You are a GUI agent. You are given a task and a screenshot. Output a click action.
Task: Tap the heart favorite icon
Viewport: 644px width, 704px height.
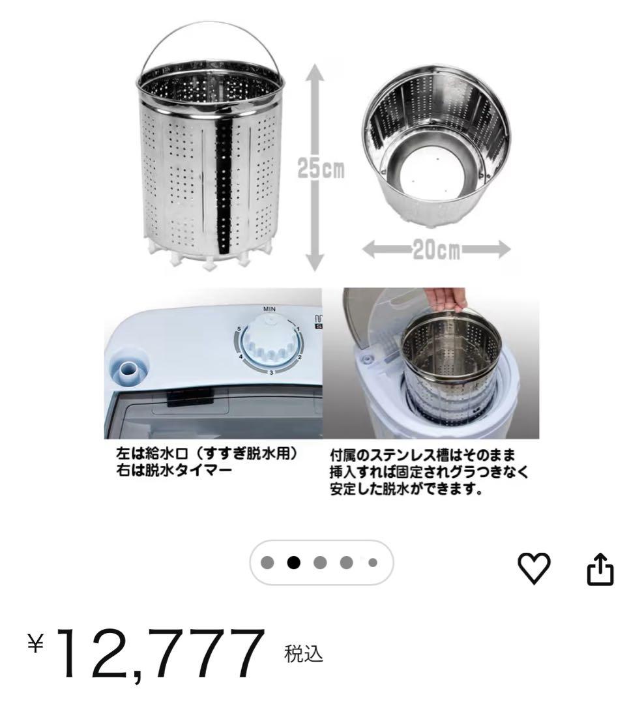point(534,570)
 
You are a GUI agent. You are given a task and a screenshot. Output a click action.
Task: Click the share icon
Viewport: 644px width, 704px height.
point(600,570)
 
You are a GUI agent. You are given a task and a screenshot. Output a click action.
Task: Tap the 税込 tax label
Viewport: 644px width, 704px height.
point(303,653)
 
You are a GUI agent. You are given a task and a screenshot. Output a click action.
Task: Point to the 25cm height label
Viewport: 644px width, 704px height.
point(321,169)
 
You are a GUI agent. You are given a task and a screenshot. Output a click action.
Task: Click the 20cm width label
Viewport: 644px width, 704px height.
point(435,250)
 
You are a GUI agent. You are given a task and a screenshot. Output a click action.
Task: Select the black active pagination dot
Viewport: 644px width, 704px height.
point(294,562)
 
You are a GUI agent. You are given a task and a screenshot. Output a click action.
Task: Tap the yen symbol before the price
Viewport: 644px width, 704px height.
point(37,644)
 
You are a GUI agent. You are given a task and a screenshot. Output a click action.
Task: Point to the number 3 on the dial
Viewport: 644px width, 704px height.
point(271,372)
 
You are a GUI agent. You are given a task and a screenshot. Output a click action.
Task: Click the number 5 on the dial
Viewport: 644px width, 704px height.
point(240,329)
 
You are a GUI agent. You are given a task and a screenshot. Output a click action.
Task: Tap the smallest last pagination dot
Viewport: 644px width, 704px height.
point(373,562)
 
